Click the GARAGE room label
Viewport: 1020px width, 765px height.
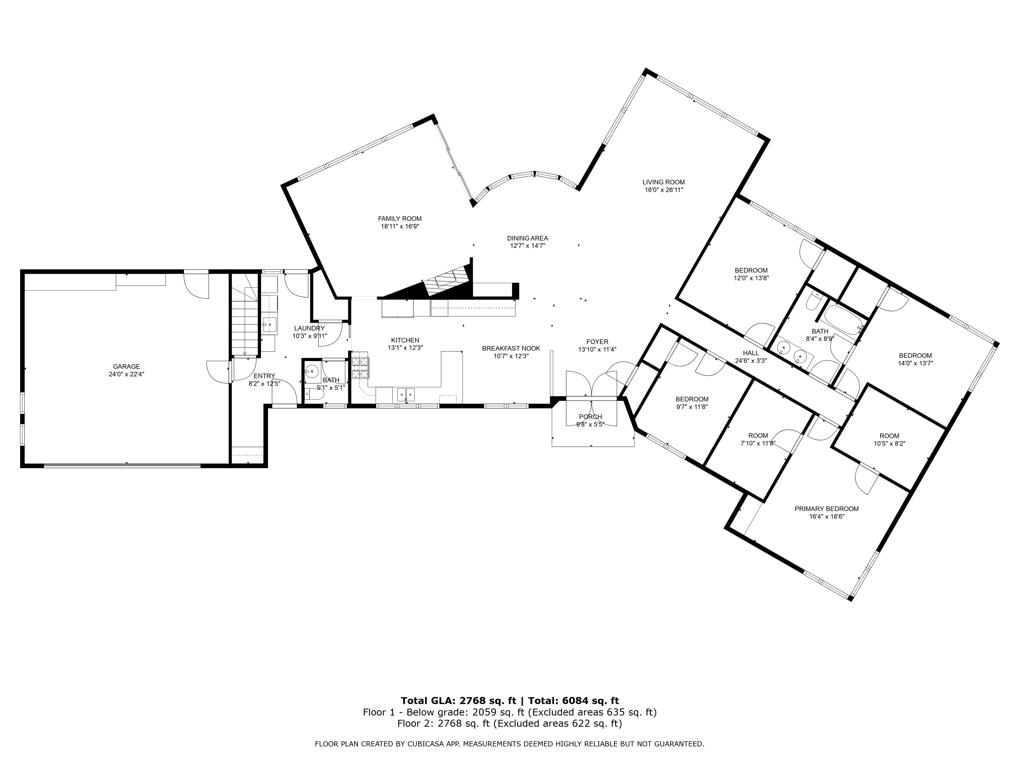click(126, 367)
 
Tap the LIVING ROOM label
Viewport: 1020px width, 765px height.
click(664, 182)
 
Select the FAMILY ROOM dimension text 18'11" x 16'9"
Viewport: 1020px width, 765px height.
click(400, 226)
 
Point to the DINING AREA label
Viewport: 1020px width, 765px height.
click(528, 238)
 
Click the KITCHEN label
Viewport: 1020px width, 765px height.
click(405, 340)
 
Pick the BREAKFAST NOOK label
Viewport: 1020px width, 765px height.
click(511, 348)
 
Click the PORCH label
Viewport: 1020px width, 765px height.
click(591, 417)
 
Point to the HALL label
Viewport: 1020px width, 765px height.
click(751, 353)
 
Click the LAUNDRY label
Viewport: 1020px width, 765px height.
click(309, 328)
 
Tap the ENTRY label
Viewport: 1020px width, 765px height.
click(264, 376)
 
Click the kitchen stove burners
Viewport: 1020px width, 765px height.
click(360, 368)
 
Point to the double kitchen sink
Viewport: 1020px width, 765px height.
click(406, 394)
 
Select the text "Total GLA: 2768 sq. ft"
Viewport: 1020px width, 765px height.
click(458, 701)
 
